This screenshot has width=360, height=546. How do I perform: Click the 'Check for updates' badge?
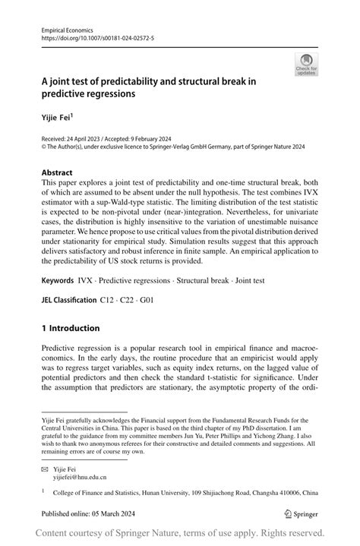306,65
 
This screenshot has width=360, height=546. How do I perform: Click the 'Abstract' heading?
58,172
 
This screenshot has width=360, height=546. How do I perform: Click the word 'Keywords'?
58,280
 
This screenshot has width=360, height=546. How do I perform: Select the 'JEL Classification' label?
69,300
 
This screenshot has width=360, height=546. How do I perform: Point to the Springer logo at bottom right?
301,513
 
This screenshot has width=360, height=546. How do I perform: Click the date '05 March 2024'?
114,513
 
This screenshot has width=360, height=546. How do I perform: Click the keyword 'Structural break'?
196,280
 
